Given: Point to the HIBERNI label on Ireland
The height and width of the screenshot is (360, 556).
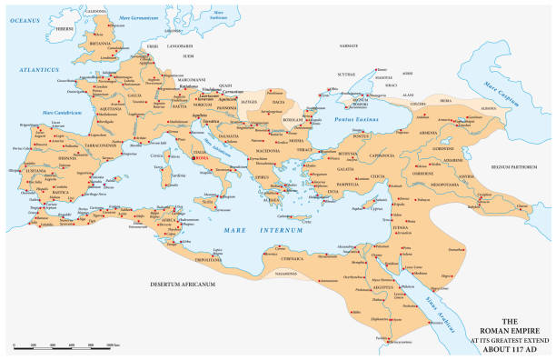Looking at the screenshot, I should point(64,29).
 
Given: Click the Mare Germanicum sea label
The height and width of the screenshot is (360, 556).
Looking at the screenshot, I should point(134,15).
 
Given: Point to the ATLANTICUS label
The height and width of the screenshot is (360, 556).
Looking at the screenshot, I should point(41,69).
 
